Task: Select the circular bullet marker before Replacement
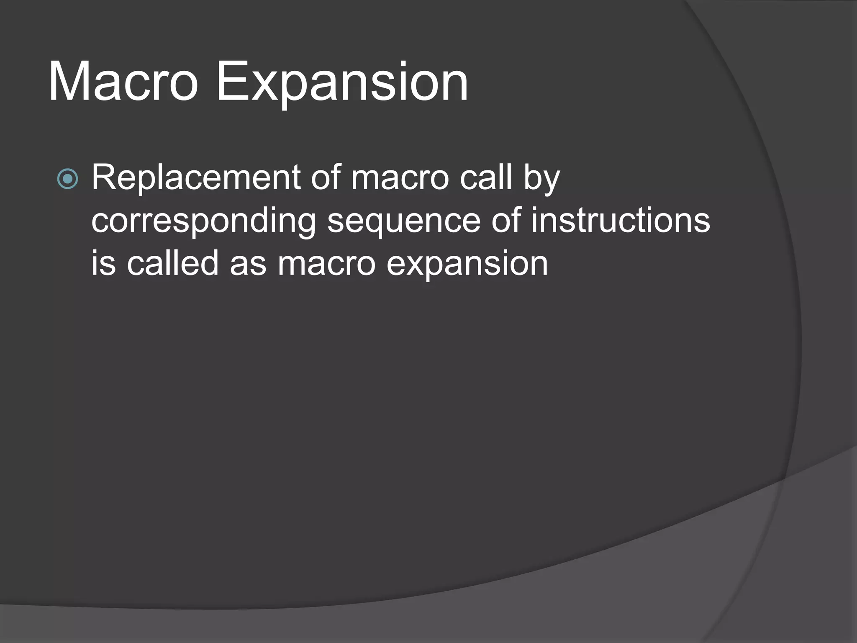67,179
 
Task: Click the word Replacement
196,177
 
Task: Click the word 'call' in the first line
486,177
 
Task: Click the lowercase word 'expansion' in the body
467,265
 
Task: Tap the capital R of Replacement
103,177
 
